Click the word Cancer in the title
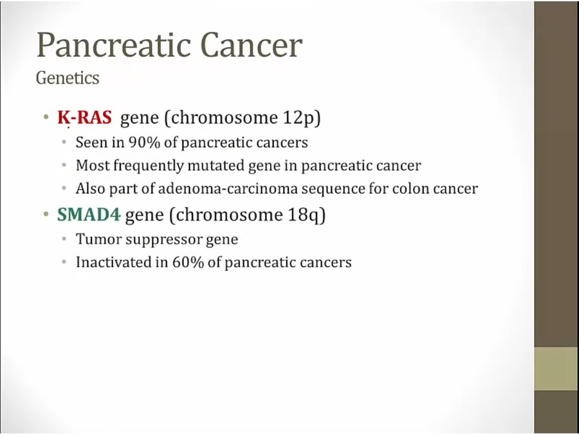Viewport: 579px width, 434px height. [252, 45]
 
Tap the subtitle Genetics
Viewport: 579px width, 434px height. [68, 78]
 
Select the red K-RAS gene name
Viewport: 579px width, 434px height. [84, 118]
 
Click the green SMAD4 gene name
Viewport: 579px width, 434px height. [89, 215]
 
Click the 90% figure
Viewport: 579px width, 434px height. [144, 143]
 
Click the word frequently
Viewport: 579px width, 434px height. [148, 166]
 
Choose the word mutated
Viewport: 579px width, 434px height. [216, 166]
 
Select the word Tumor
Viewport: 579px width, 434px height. [98, 239]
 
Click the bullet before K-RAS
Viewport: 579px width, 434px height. [46, 118]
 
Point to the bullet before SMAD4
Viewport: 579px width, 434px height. [46, 214]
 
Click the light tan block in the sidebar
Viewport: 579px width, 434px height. [556, 368]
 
